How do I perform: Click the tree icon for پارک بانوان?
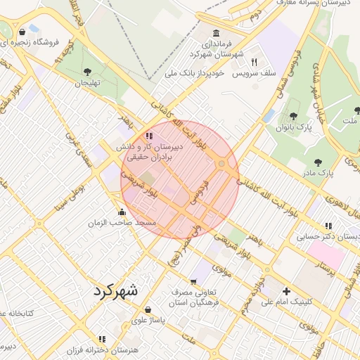(293, 116)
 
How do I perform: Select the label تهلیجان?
(89, 83)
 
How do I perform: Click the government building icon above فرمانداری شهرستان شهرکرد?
(215, 34)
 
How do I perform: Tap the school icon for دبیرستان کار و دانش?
(148, 136)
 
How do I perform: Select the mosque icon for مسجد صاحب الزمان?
(122, 212)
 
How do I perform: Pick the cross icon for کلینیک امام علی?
(286, 291)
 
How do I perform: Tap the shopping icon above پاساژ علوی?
(148, 309)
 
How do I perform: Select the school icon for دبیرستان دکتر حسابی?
(328, 226)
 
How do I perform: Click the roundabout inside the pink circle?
(222, 165)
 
